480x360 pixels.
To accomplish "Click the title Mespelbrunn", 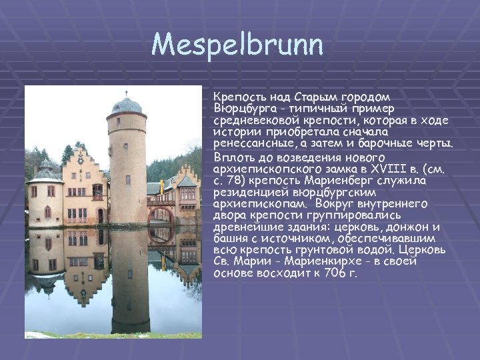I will point(237,46).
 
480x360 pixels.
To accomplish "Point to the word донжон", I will point(406,227).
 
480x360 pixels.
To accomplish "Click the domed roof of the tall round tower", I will point(126,105).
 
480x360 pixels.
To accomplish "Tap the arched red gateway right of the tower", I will point(159,215).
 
